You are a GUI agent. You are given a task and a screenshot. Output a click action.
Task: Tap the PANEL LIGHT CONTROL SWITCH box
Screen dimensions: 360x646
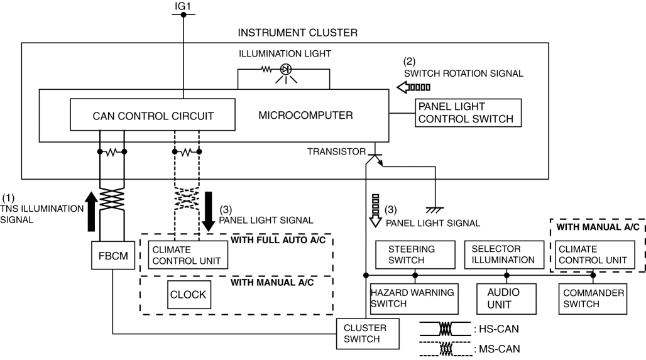[468, 112]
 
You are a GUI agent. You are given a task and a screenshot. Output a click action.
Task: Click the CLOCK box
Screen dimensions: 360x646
[188, 294]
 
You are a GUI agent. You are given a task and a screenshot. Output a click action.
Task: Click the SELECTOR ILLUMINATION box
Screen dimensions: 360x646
[502, 254]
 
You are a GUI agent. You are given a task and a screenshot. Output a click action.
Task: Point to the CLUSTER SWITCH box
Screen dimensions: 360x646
[370, 333]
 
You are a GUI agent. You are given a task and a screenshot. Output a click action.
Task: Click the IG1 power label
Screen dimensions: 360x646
[183, 6]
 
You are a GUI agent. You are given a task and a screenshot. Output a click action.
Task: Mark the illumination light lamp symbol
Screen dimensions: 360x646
[284, 69]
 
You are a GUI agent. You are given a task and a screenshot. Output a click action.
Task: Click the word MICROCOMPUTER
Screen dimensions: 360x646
[305, 116]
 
